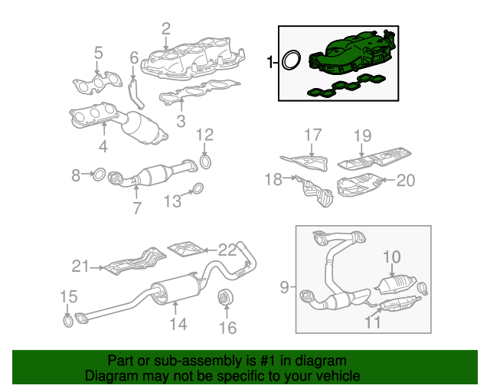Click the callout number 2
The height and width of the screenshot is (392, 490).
pos(165,29)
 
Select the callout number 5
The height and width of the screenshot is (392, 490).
pos(98,53)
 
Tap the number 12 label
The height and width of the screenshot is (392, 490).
pos(204,135)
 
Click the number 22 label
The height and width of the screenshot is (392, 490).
pos(228,249)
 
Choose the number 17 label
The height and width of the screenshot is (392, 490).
pos(312,136)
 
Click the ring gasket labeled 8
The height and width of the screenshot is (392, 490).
pos(99,176)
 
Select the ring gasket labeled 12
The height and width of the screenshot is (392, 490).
pos(205,162)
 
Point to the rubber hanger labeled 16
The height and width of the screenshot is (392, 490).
pos(226,296)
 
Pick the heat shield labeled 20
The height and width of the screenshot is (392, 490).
pos(358,185)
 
